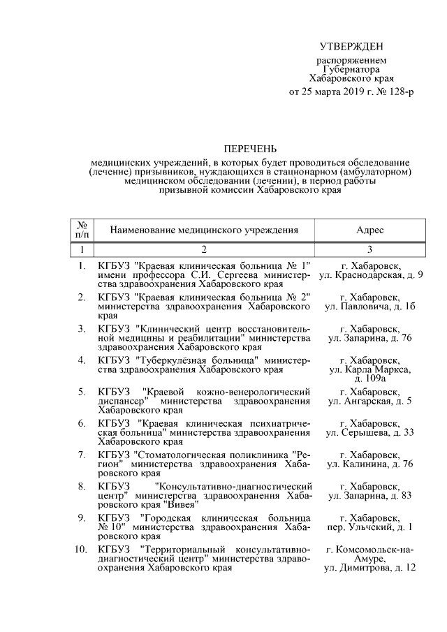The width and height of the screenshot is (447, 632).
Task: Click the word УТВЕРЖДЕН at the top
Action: pyautogui.click(x=351, y=47)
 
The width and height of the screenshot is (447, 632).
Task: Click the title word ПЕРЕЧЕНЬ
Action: pyautogui.click(x=249, y=149)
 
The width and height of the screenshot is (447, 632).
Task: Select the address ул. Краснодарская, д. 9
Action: pyautogui.click(x=370, y=276)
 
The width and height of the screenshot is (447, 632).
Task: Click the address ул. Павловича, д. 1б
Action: pyautogui.click(x=370, y=306)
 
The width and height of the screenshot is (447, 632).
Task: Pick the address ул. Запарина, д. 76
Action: pyautogui.click(x=370, y=338)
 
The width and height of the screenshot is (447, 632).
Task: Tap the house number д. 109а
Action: pyautogui.click(x=370, y=378)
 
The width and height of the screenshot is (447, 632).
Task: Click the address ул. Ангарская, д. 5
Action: pyautogui.click(x=370, y=402)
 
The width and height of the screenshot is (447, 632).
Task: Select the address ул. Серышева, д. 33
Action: pyautogui.click(x=370, y=433)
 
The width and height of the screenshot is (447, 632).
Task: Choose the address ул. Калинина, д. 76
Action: pyautogui.click(x=370, y=464)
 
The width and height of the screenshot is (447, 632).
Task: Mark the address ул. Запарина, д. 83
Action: pyautogui.click(x=370, y=495)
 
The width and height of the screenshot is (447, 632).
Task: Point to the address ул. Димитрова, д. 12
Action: pyautogui.click(x=370, y=568)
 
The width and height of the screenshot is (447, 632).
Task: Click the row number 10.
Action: pyautogui.click(x=80, y=550)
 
